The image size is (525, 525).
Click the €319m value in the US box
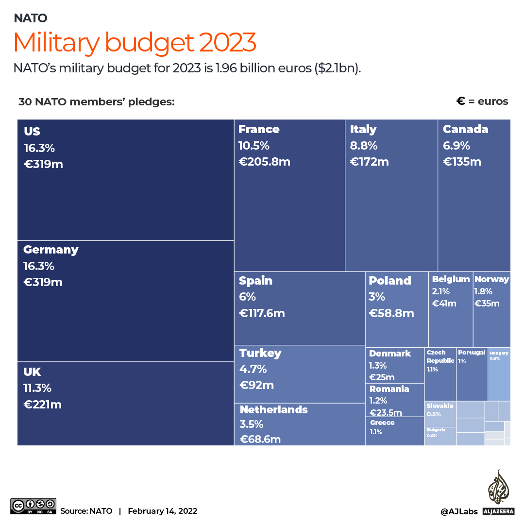[x=44, y=164]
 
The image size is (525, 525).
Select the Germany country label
[x=51, y=250]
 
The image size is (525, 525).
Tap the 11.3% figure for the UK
[x=37, y=388]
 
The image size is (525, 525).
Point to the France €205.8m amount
[x=264, y=162]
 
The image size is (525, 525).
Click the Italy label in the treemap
[x=363, y=129]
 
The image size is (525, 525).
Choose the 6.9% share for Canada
[x=457, y=146]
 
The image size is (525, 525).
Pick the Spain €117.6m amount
[x=262, y=313]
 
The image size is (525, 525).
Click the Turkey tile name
[x=260, y=353]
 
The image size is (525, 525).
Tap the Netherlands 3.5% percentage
[x=252, y=424]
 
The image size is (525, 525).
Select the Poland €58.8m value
[x=391, y=313]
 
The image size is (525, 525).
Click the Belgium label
[x=451, y=279]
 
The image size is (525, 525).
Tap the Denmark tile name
[x=390, y=354]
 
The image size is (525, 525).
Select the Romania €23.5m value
[x=386, y=413]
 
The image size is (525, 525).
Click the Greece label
[x=382, y=423]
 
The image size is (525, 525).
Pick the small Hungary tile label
[x=499, y=353]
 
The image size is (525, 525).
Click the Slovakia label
[x=440, y=406]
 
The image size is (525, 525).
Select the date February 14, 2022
[x=163, y=511]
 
